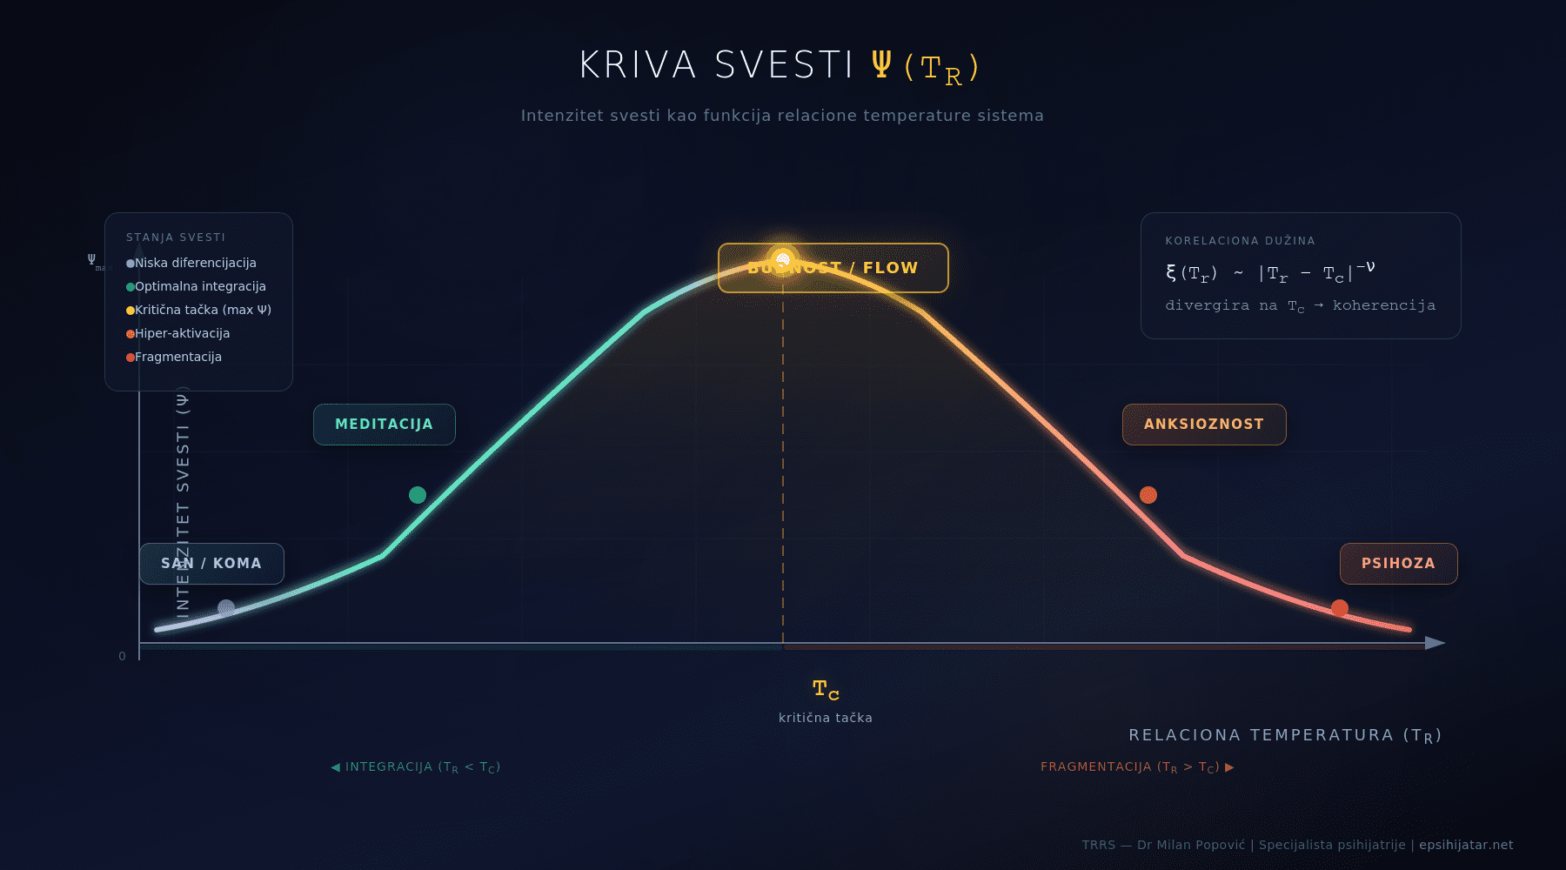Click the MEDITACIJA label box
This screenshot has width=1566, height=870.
[384, 425]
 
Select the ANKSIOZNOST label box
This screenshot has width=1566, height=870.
[1204, 425]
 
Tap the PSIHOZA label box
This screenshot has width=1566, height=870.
[1398, 564]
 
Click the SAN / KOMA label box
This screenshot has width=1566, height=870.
[211, 564]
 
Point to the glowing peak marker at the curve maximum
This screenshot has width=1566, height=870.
[783, 259]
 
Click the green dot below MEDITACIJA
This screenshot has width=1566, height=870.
[418, 495]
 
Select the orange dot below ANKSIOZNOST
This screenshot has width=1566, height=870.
[1148, 495]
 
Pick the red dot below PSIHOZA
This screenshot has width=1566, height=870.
[1340, 608]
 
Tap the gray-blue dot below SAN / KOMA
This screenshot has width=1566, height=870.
[226, 608]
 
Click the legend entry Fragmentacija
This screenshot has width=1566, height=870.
[177, 357]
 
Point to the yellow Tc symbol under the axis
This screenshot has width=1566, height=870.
[826, 690]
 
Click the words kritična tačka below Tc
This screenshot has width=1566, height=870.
[826, 718]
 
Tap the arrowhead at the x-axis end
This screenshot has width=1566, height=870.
[1435, 643]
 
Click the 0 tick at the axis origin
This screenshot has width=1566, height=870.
[123, 656]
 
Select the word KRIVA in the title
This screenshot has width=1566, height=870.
[638, 65]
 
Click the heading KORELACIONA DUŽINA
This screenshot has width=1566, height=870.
[1240, 241]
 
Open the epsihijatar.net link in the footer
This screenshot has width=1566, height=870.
[1466, 845]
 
